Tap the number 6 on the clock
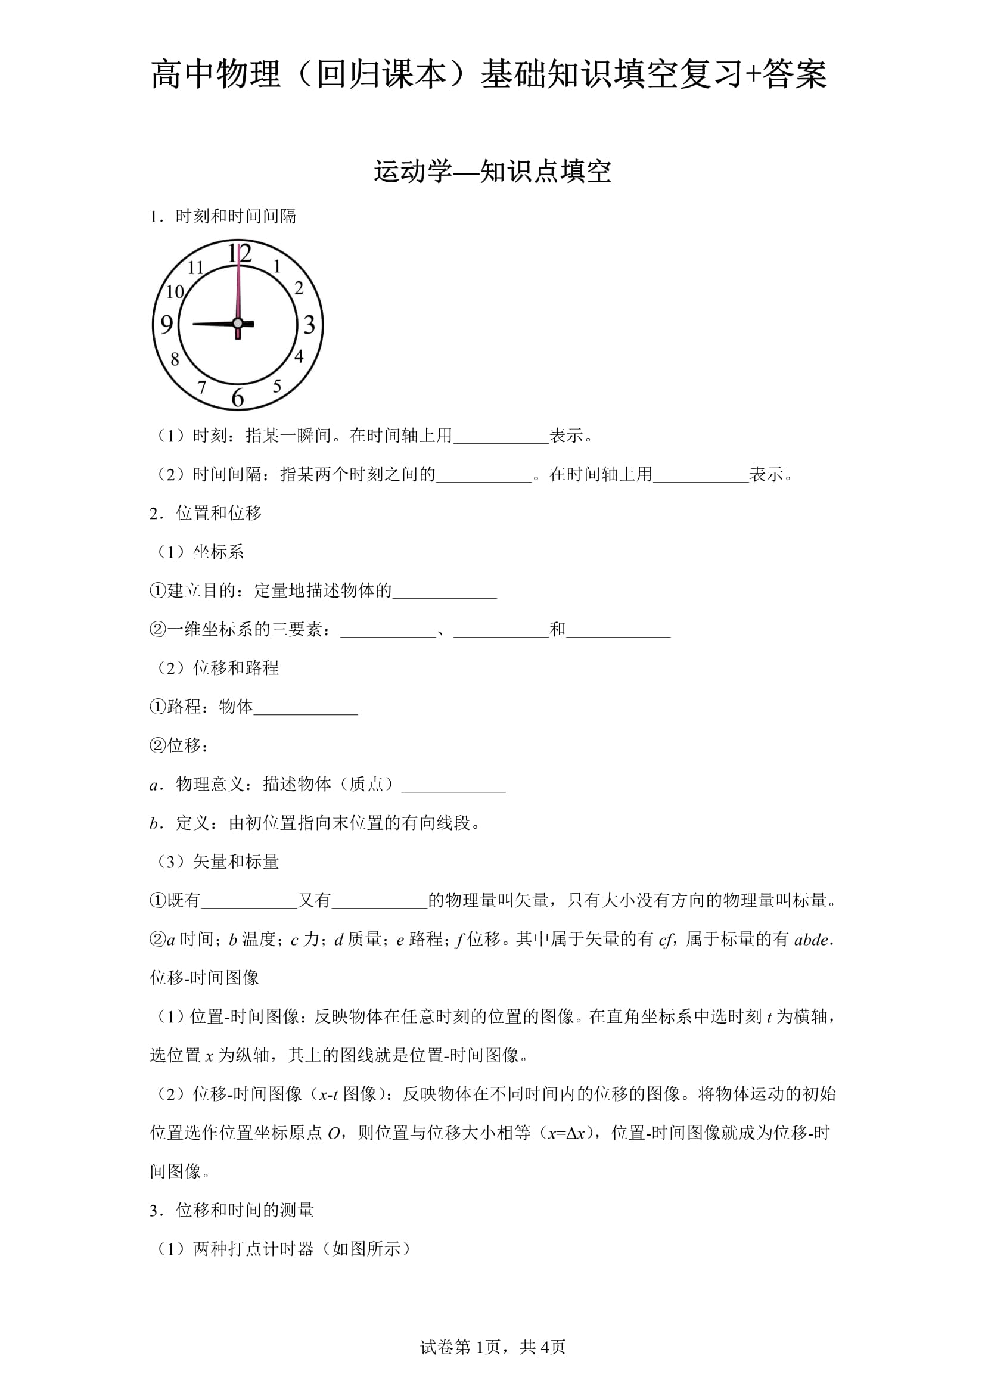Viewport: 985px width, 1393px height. pyautogui.click(x=238, y=397)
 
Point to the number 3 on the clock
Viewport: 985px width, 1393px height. pyautogui.click(x=309, y=325)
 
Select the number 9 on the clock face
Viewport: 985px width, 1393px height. pyautogui.click(x=167, y=325)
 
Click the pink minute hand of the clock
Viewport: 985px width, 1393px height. pyautogui.click(x=239, y=285)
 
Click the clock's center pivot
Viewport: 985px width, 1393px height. pyautogui.click(x=238, y=324)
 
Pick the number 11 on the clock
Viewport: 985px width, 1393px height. pyautogui.click(x=195, y=267)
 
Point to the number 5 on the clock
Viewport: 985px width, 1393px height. pyautogui.click(x=277, y=386)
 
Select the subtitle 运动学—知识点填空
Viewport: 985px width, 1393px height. pyautogui.click(x=492, y=172)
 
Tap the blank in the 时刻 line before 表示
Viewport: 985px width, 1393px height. pyautogui.click(x=501, y=436)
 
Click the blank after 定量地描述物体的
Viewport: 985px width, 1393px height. pyautogui.click(x=445, y=592)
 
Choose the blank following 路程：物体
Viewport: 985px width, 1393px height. pyautogui.click(x=305, y=707)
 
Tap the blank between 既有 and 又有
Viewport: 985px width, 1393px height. pyautogui.click(x=249, y=900)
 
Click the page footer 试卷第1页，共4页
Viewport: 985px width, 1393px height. pyautogui.click(x=492, y=1363)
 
